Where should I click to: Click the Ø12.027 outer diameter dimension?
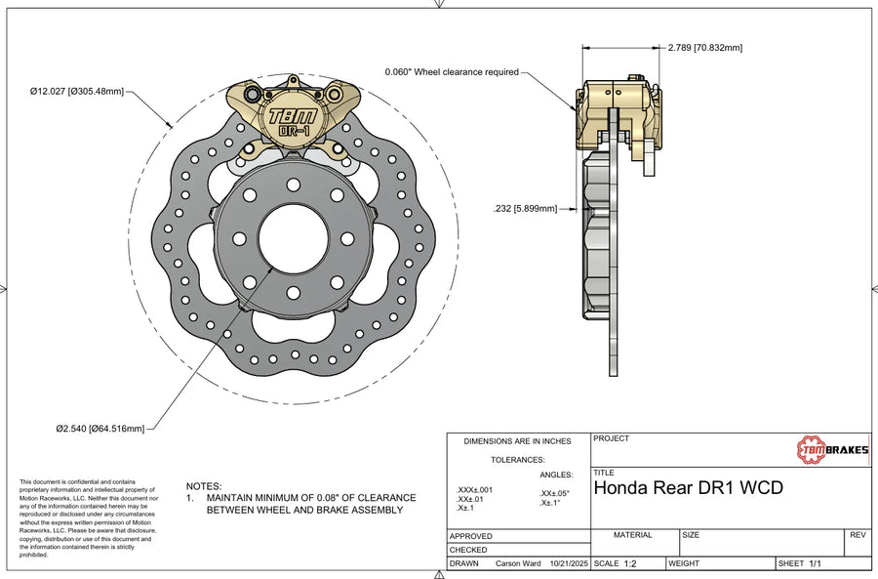(77, 92)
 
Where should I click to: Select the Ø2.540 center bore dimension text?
(100, 428)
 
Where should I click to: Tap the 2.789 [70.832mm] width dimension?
(705, 47)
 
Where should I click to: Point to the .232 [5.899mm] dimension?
(526, 208)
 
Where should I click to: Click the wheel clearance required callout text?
(452, 71)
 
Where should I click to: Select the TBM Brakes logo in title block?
(832, 449)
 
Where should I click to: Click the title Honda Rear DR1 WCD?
(688, 486)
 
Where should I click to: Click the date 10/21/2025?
(569, 564)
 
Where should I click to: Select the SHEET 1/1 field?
(801, 564)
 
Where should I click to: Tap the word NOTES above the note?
(204, 485)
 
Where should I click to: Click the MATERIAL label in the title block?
(632, 535)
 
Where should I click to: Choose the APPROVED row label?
(471, 536)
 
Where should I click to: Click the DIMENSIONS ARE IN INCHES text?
(517, 442)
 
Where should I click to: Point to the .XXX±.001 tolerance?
(474, 489)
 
